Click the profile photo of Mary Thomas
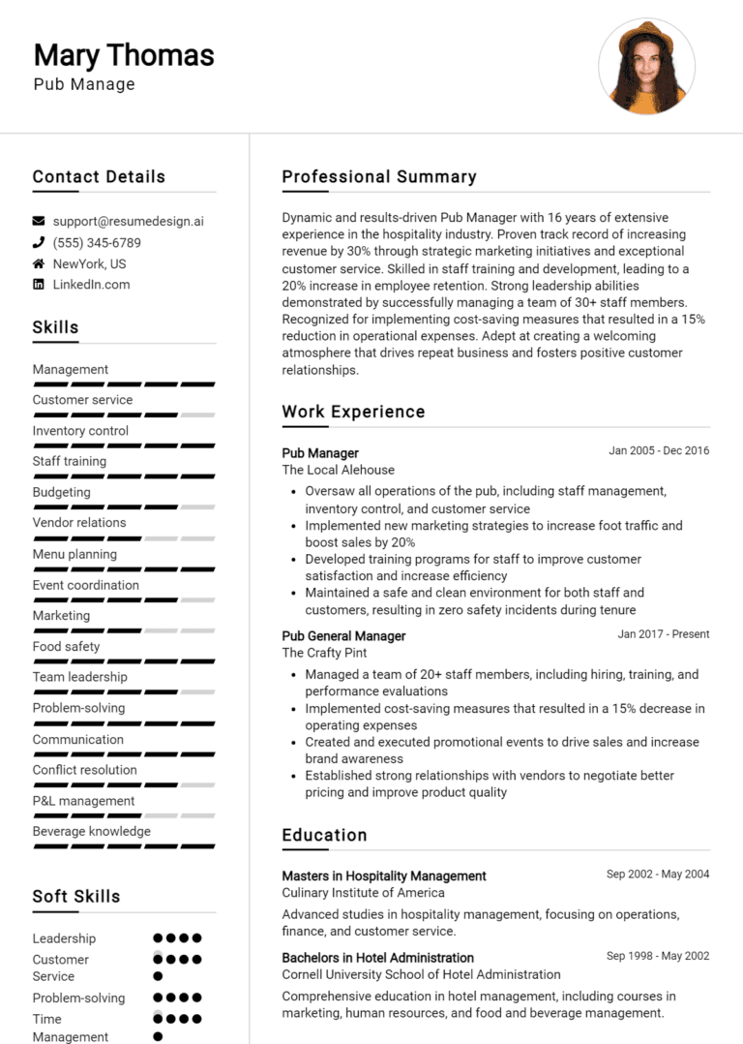[646, 66]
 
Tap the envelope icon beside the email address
[39, 221]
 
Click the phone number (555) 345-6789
[97, 243]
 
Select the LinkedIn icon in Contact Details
[39, 285]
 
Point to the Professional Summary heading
[379, 177]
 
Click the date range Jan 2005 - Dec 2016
[659, 450]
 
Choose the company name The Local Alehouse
[339, 470]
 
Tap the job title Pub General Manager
[343, 636]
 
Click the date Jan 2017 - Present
[664, 634]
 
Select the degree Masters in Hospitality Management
[384, 875]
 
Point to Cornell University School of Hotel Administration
[421, 974]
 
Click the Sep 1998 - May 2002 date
[658, 956]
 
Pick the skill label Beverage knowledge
[92, 832]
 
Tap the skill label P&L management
[83, 801]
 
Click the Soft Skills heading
[76, 896]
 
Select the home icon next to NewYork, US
[39, 263]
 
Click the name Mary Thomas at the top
[124, 54]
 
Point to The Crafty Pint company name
[324, 653]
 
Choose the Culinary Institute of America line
[364, 893]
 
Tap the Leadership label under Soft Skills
[64, 938]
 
